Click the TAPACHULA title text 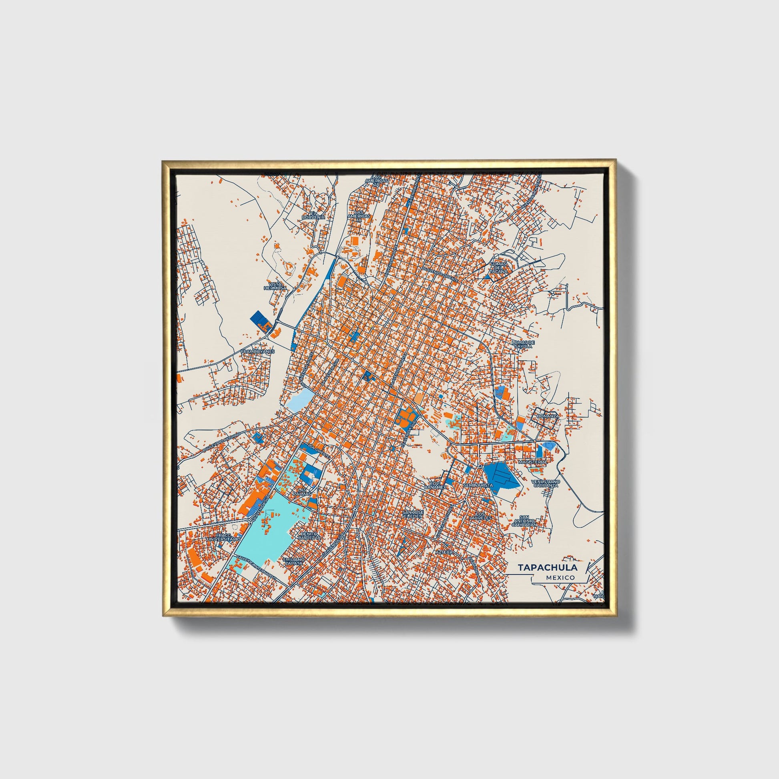click(x=547, y=567)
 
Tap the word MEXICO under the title click(x=560, y=578)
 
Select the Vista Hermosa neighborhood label click(x=275, y=286)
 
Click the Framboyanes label click(x=258, y=351)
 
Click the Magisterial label click(x=533, y=462)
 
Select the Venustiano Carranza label click(x=544, y=484)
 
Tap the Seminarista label click(x=478, y=486)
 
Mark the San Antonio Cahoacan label click(x=524, y=521)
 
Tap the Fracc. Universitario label click(x=223, y=537)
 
